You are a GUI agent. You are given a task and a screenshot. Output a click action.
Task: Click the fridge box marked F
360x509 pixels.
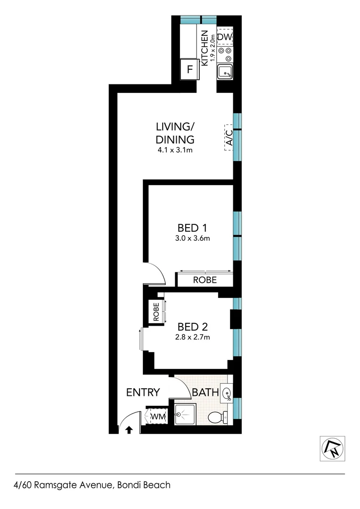190,70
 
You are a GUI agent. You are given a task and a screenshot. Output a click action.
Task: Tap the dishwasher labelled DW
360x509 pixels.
224,36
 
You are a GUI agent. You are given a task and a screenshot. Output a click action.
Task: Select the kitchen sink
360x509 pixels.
225,72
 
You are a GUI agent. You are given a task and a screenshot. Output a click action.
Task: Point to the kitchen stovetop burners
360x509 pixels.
225,54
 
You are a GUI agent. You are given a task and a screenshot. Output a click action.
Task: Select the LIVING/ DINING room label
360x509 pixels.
175,133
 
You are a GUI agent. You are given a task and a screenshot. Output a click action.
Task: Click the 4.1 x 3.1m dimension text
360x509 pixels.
175,150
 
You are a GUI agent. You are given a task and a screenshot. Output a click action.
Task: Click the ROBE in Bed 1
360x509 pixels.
205,280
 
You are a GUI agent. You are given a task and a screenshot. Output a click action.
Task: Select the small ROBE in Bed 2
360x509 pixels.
155,311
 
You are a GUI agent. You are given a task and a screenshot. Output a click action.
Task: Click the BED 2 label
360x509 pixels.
193,326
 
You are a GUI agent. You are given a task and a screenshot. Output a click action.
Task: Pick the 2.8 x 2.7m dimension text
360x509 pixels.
193,337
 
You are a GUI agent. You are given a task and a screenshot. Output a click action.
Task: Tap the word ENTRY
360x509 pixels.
143,392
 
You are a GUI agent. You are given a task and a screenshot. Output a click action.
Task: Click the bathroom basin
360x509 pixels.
226,393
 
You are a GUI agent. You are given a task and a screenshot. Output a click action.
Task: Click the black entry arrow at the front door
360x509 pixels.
129,429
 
